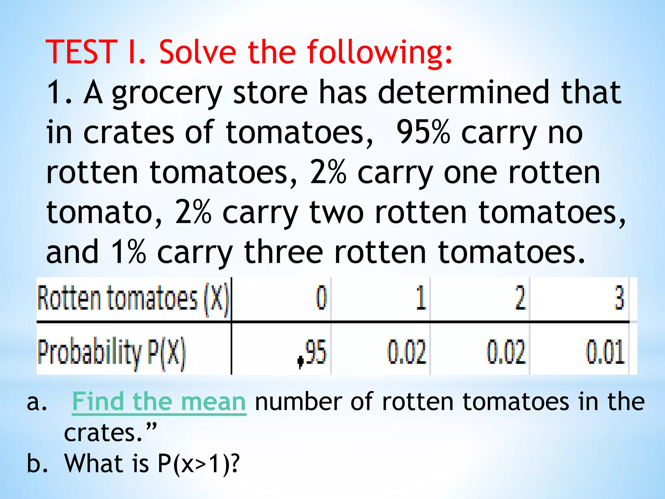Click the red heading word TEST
81,52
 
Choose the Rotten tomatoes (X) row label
133,298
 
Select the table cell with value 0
321,298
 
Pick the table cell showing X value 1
421,298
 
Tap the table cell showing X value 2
520,298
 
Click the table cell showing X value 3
619,298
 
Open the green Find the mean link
159,402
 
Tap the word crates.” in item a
110,433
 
